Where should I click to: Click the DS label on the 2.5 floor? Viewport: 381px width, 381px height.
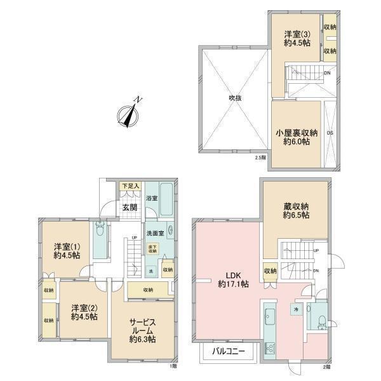point(329,133)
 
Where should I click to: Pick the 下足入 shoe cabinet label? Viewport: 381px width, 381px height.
point(130,186)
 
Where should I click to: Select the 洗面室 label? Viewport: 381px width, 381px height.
point(155,233)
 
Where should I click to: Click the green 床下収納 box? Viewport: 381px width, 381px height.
point(152,249)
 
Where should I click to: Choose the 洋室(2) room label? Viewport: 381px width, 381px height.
point(84,311)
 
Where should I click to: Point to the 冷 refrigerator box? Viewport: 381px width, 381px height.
point(296,309)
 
